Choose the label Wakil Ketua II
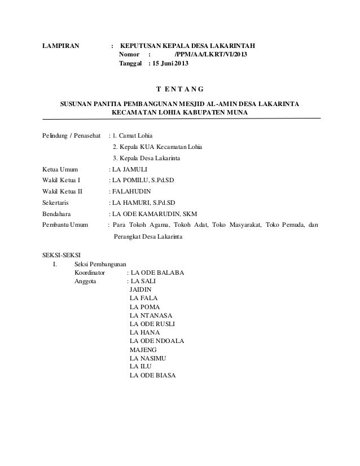(x=63, y=191)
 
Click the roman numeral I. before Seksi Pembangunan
(x=54, y=263)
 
